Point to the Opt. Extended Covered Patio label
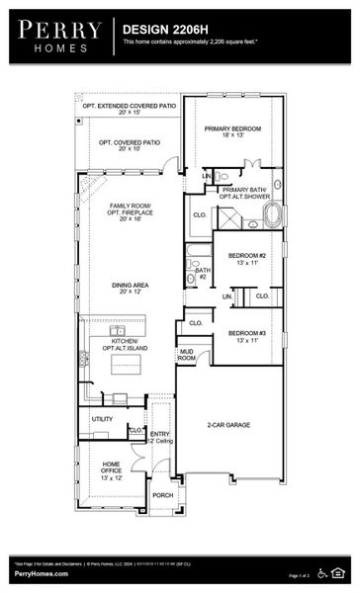130,109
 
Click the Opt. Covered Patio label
130,145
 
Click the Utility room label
103,419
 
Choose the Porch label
161,495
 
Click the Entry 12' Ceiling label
160,437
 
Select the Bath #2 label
201,273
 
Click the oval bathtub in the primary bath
269,215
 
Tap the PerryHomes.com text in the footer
41,574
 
